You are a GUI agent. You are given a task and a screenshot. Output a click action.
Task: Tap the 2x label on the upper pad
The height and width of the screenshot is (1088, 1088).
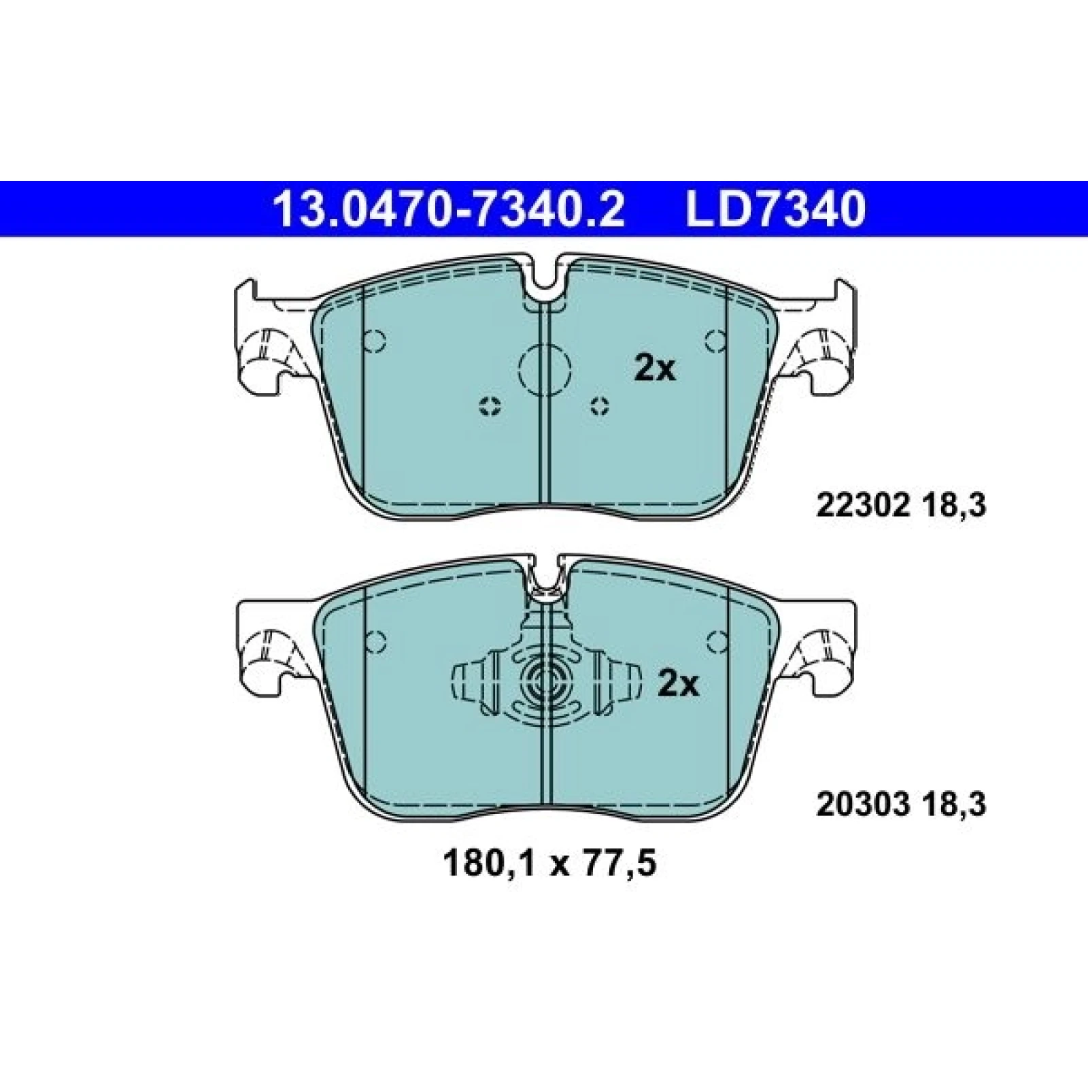(656, 369)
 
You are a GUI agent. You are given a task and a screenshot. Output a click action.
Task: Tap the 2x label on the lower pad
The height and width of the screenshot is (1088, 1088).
(678, 685)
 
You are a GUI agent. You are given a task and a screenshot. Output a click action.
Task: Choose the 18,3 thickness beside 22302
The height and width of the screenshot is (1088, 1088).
(955, 506)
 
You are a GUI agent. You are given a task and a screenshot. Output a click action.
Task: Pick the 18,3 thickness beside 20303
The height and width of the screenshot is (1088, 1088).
(955, 806)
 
